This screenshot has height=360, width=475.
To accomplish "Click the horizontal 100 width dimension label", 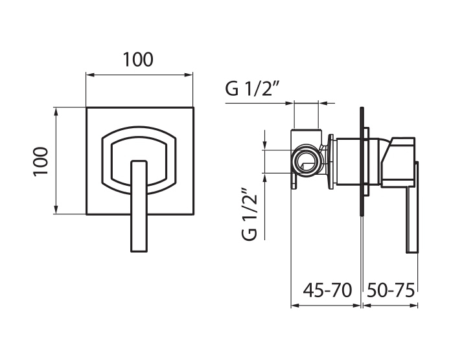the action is click(x=138, y=60).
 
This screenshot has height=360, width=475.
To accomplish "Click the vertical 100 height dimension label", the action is click(x=41, y=162).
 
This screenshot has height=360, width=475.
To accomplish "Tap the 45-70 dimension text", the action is click(x=327, y=290).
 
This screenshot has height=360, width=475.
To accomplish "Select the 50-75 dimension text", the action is click(x=391, y=290).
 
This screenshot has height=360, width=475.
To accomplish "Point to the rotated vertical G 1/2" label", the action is click(x=249, y=215).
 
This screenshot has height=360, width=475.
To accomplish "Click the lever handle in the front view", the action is click(x=139, y=206).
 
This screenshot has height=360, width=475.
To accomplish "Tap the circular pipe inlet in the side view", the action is click(x=306, y=160).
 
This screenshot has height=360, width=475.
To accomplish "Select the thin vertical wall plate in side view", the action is click(x=362, y=161).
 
